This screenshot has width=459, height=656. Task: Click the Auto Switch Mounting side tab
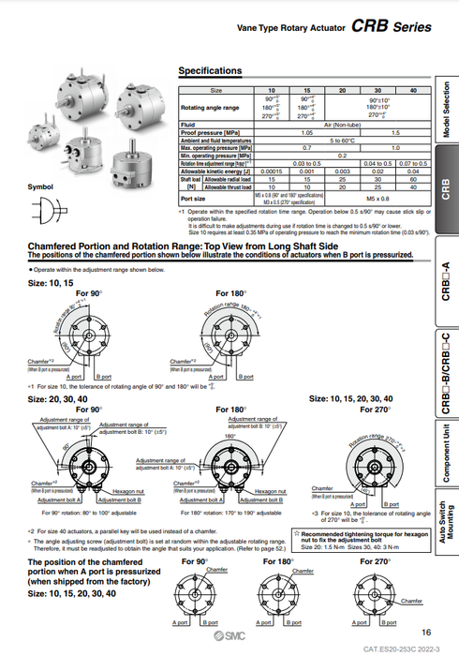tap(445, 542)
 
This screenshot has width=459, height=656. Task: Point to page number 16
tap(426, 633)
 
